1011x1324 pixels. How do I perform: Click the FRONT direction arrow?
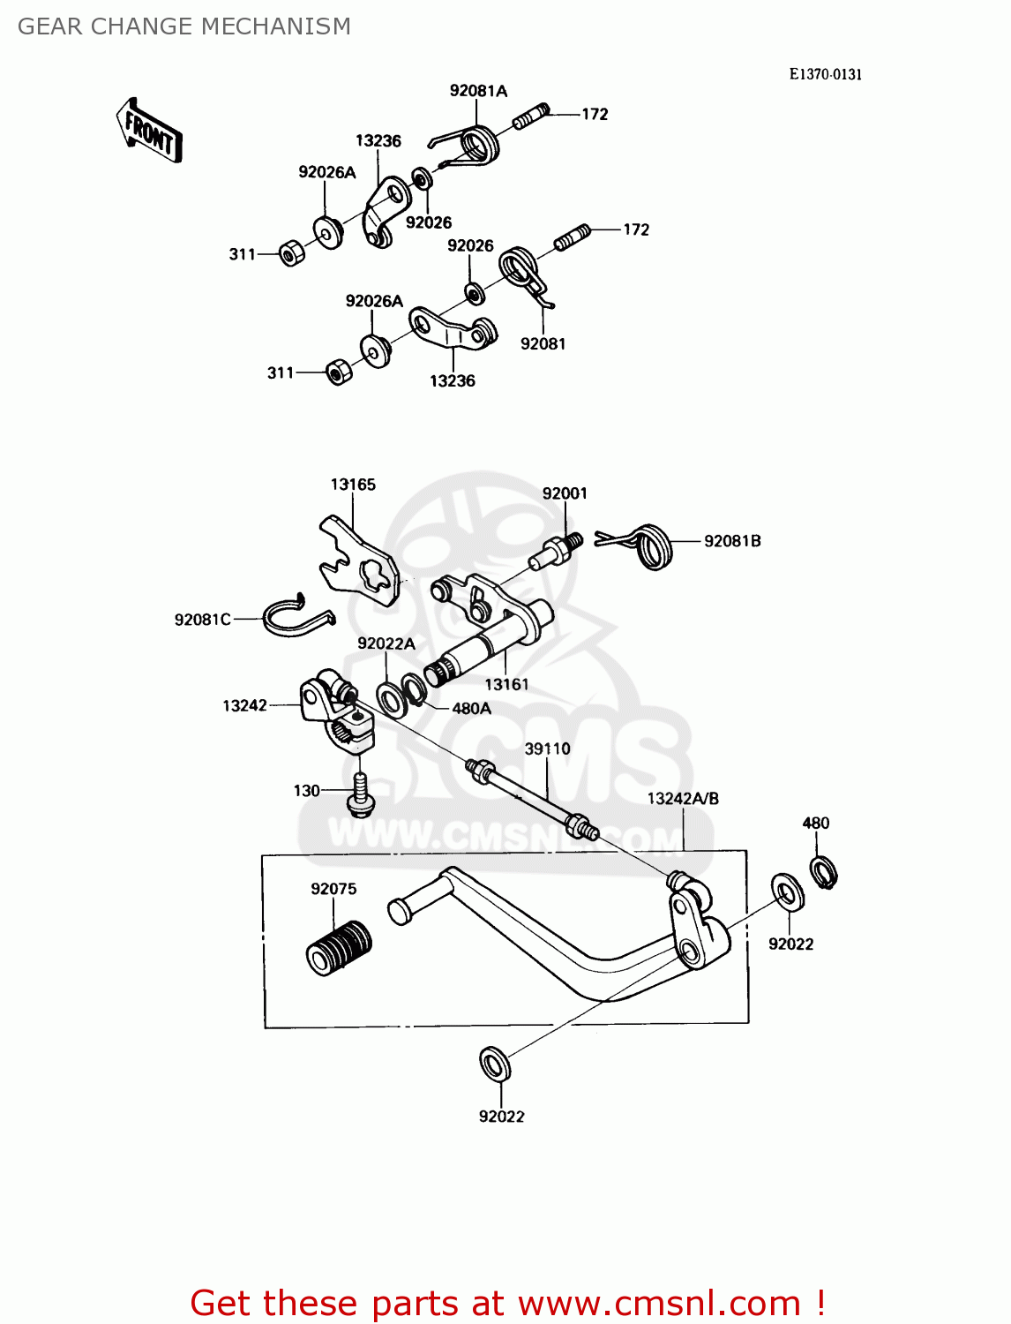[149, 132]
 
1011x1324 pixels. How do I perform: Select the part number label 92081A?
[478, 91]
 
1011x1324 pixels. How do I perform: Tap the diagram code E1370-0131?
[825, 74]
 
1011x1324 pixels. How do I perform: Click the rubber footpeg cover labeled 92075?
[338, 947]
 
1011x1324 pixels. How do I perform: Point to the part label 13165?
[353, 485]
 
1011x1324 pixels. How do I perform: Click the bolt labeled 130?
[361, 794]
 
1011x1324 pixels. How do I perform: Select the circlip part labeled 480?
[823, 872]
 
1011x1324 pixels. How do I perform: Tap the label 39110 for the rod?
[547, 749]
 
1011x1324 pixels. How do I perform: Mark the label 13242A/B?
[683, 799]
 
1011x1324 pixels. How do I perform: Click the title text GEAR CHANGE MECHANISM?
[184, 26]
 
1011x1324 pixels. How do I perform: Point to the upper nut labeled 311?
[291, 253]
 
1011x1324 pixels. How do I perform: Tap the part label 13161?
[506, 684]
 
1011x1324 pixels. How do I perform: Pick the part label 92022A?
[386, 644]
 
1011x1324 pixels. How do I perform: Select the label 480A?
[471, 709]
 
